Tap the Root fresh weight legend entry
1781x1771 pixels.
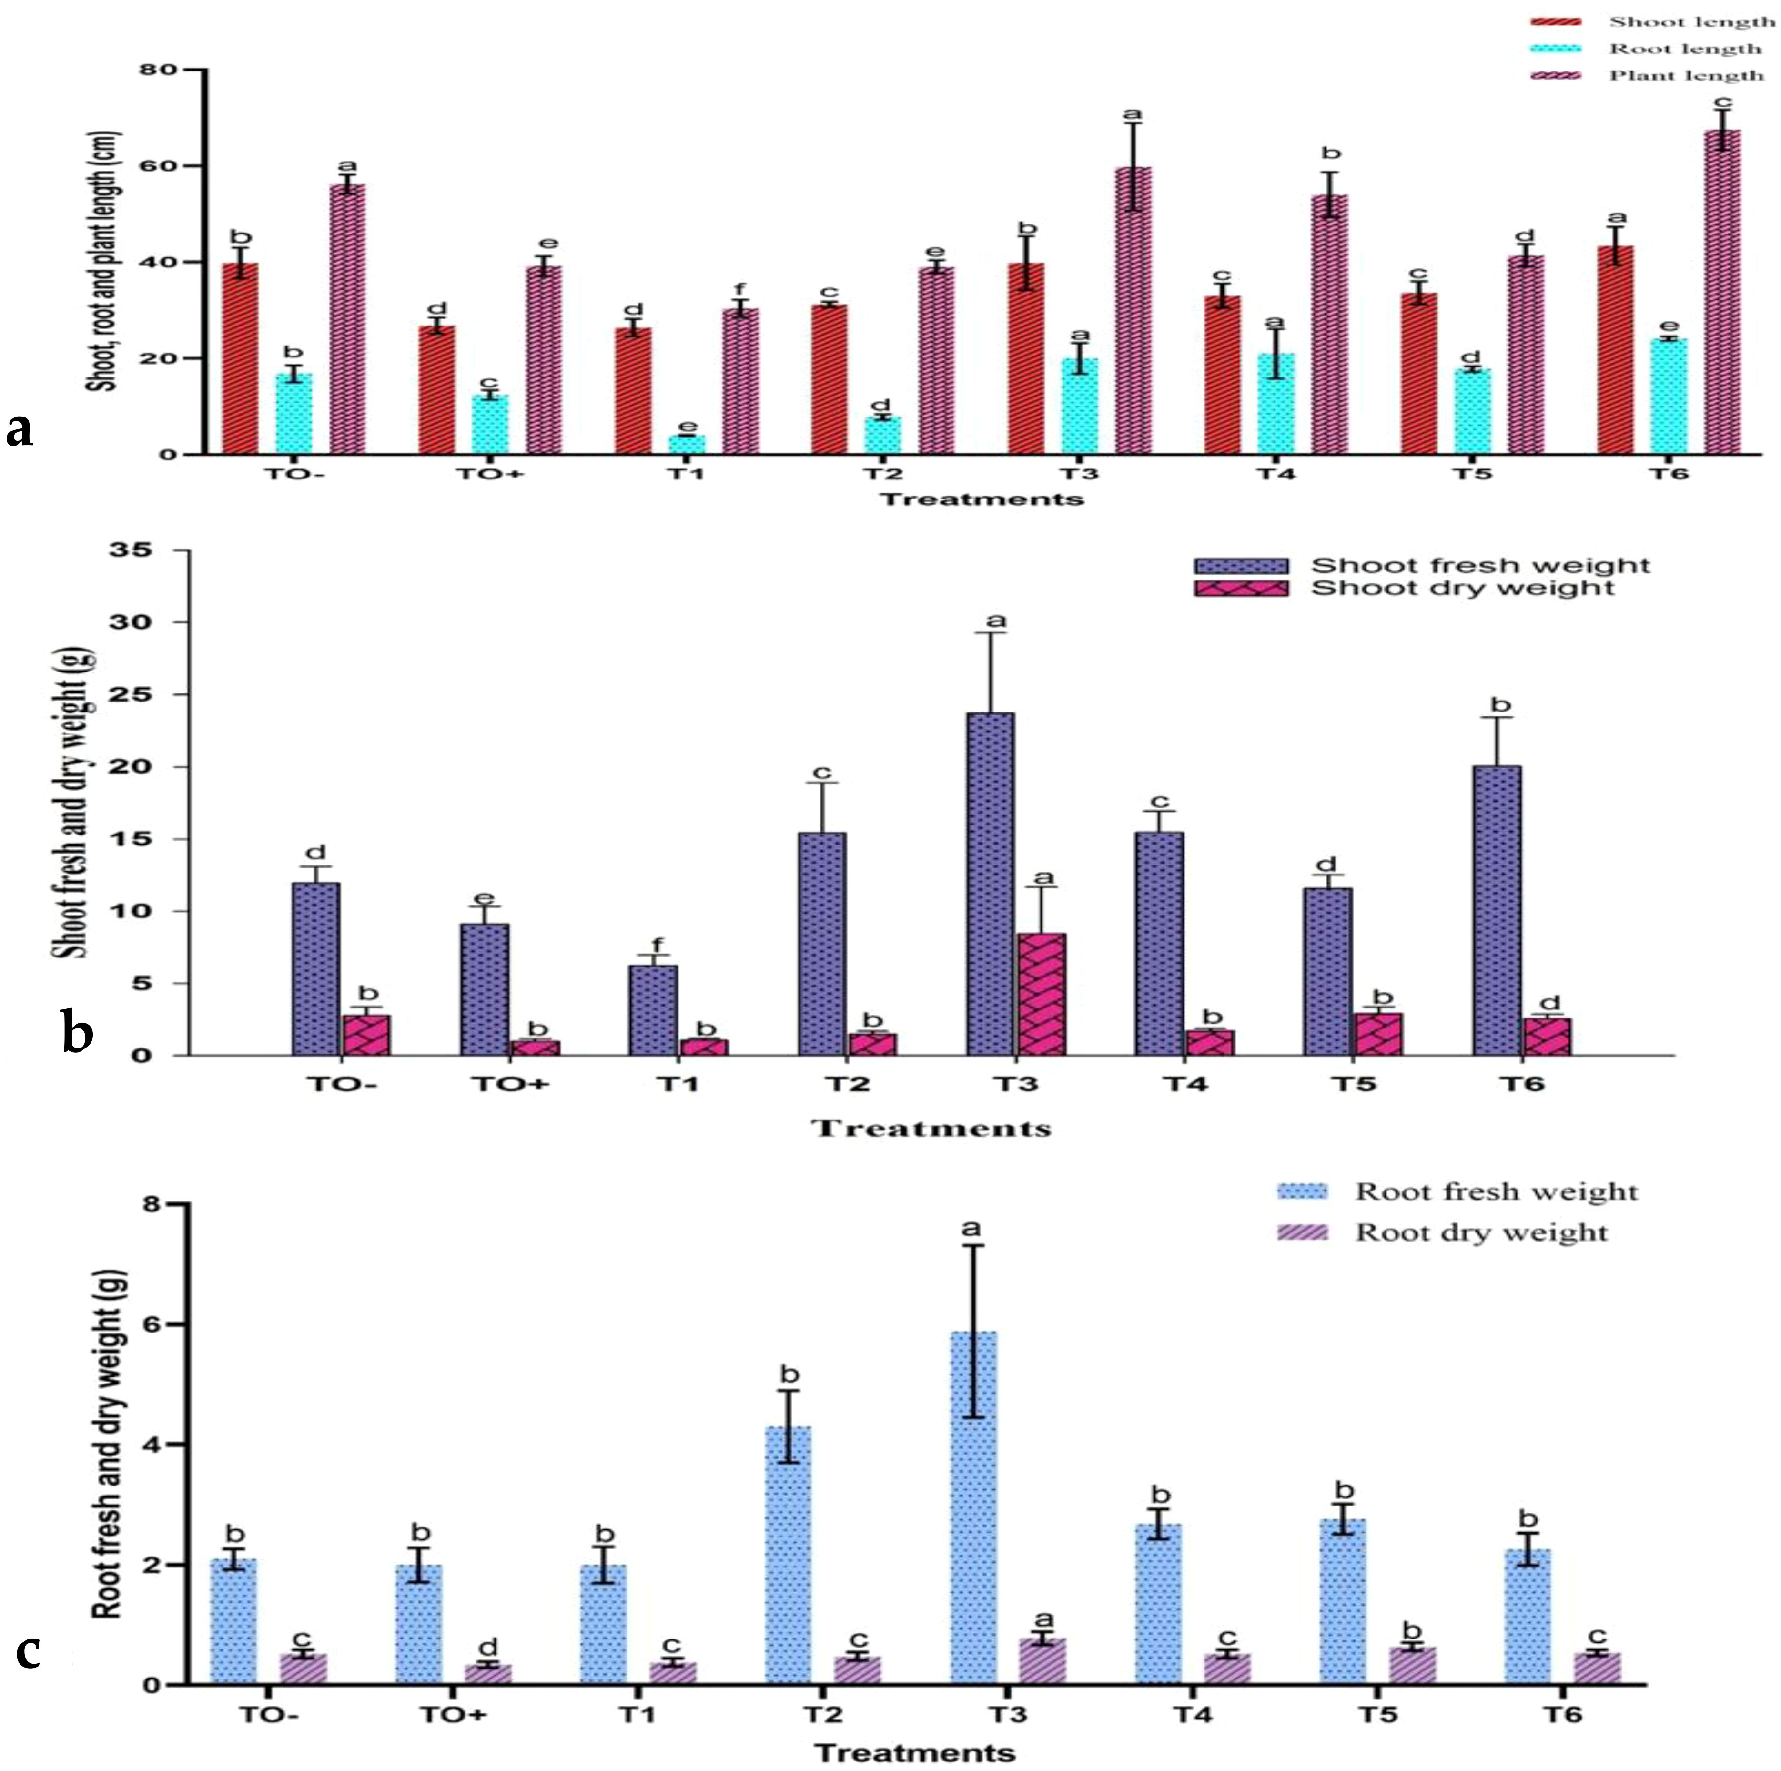(1495, 1192)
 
